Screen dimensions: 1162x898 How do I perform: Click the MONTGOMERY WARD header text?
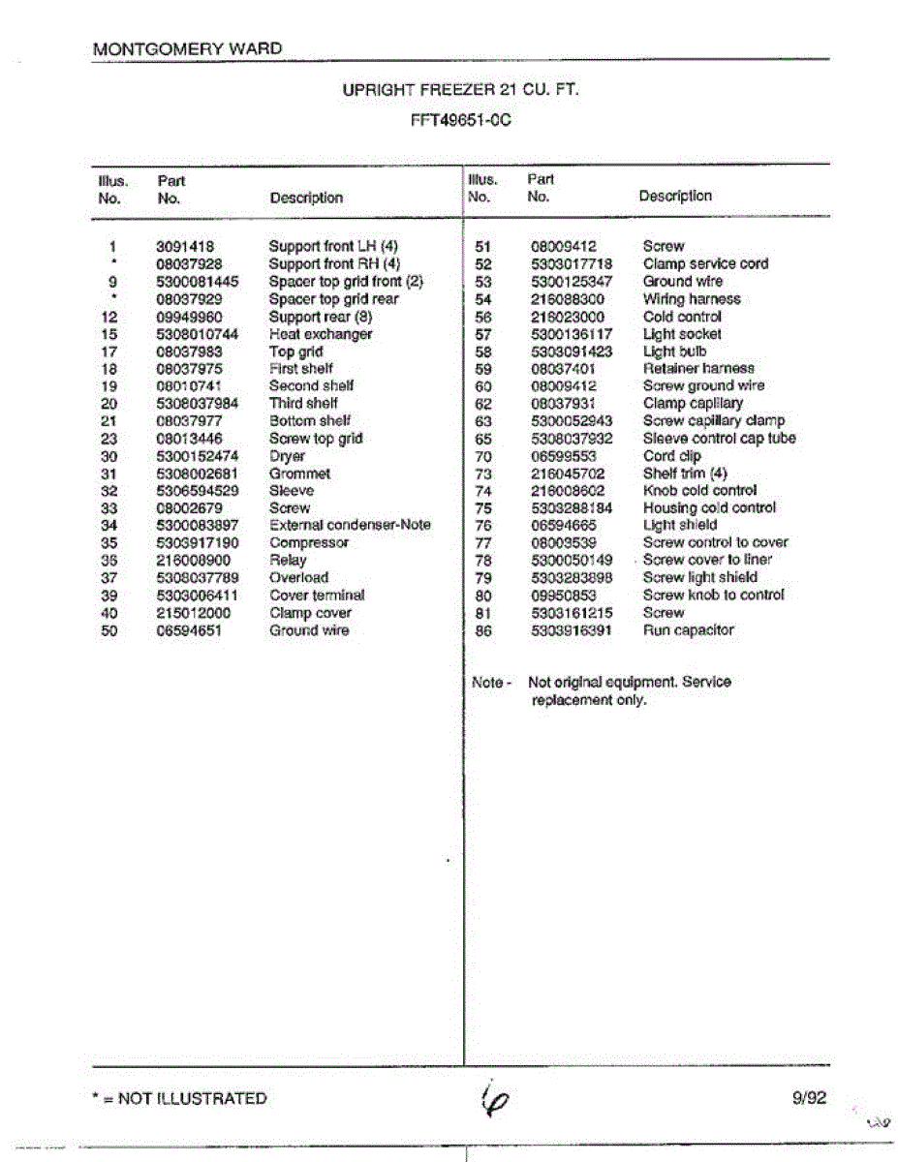click(x=188, y=48)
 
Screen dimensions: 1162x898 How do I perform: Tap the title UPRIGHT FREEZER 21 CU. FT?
click(x=461, y=90)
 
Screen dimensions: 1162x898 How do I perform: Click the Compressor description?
click(x=309, y=542)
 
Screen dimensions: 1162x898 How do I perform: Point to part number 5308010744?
click(x=197, y=334)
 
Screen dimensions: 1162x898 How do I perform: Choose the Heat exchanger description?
click(x=321, y=334)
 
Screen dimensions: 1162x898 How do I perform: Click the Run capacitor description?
click(x=689, y=630)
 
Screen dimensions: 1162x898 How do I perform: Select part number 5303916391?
click(x=572, y=630)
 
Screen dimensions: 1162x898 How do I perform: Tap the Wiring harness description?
click(x=692, y=299)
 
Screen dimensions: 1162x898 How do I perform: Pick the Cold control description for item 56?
click(x=682, y=317)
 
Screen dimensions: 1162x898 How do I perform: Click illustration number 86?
click(x=484, y=630)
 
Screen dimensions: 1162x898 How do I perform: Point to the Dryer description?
click(x=287, y=456)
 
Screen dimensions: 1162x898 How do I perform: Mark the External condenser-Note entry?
click(x=350, y=525)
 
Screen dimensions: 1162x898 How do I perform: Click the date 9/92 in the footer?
click(x=809, y=1097)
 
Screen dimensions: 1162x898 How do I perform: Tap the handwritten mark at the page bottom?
click(x=495, y=1099)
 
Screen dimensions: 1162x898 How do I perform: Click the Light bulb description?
click(x=675, y=352)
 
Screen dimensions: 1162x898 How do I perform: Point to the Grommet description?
click(x=299, y=474)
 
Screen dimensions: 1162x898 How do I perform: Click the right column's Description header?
click(x=675, y=196)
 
